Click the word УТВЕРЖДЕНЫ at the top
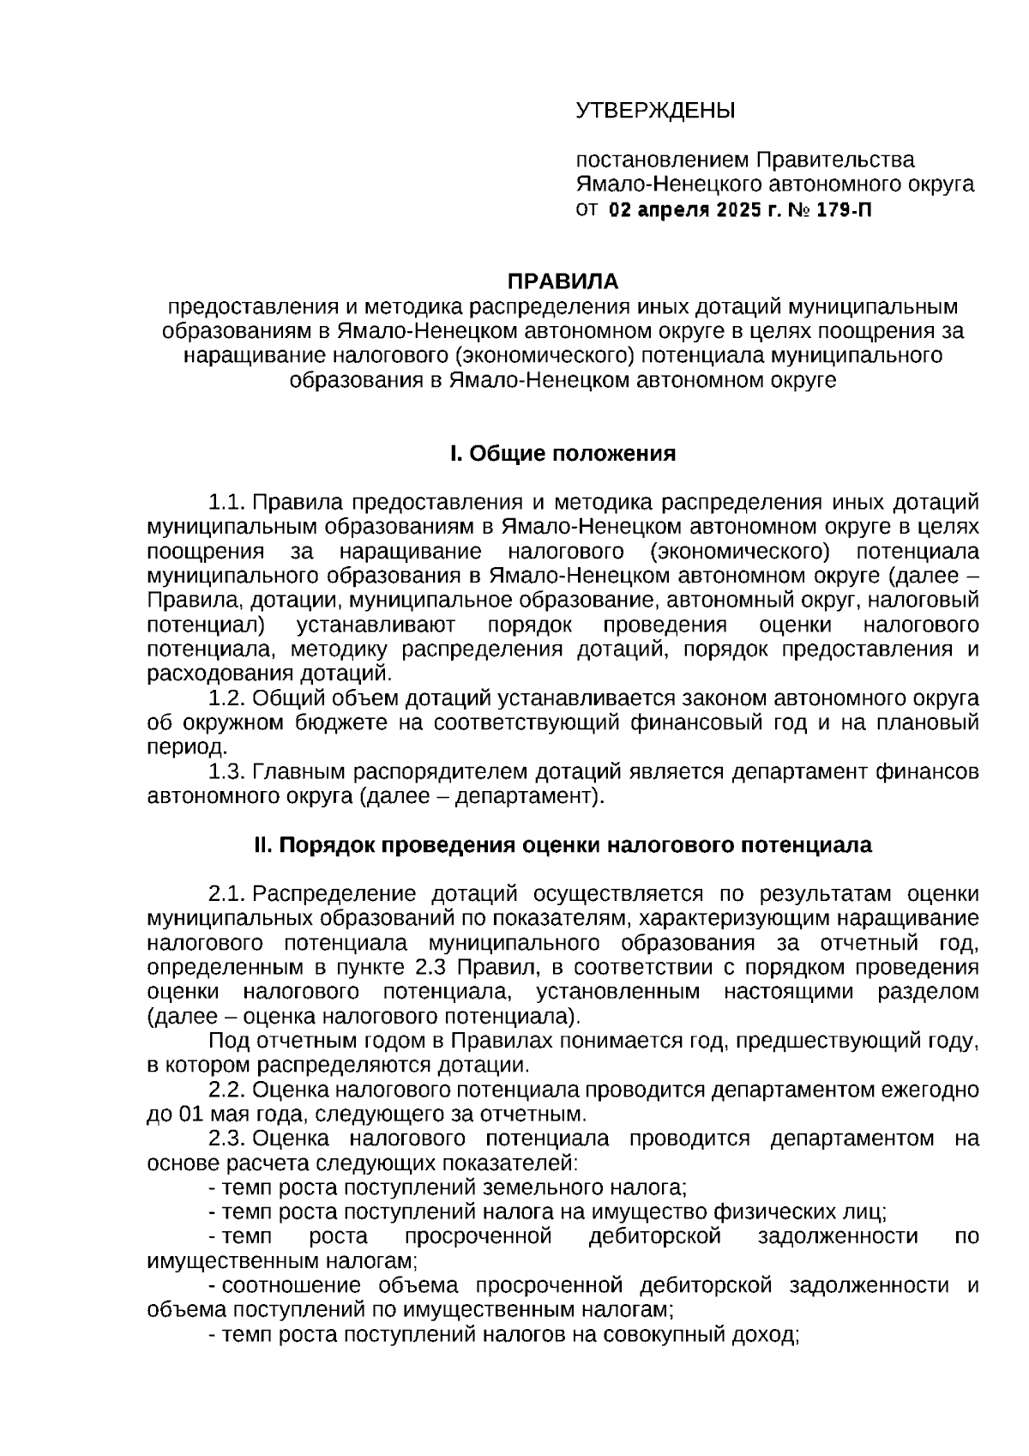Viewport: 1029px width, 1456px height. [x=655, y=111]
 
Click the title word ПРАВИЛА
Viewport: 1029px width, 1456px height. [x=563, y=281]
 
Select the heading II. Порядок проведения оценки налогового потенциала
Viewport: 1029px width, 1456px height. [x=563, y=845]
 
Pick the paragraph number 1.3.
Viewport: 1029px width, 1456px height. [x=228, y=772]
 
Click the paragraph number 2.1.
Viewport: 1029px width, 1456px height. [x=228, y=894]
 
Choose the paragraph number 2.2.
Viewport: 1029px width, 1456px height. [x=228, y=1090]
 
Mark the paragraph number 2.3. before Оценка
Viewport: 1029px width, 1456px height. [x=228, y=1139]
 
